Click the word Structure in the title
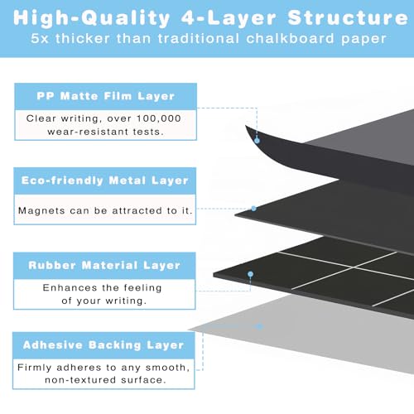[x=348, y=18]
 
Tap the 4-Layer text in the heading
[x=229, y=18]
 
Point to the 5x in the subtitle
[x=40, y=38]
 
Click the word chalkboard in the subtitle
[x=290, y=38]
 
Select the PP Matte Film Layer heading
[x=106, y=96]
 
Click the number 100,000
[x=159, y=118]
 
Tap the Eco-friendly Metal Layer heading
[x=105, y=181]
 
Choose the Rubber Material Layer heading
[x=104, y=265]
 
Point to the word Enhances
[x=70, y=288]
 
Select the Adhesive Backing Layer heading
[x=103, y=345]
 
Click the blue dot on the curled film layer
[x=257, y=141]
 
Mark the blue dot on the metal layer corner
[x=253, y=209]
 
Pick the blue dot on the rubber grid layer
[x=251, y=274]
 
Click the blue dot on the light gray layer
[x=259, y=327]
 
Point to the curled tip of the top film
[x=245, y=125]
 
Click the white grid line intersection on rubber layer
[x=353, y=267]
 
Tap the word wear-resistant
[x=89, y=132]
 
